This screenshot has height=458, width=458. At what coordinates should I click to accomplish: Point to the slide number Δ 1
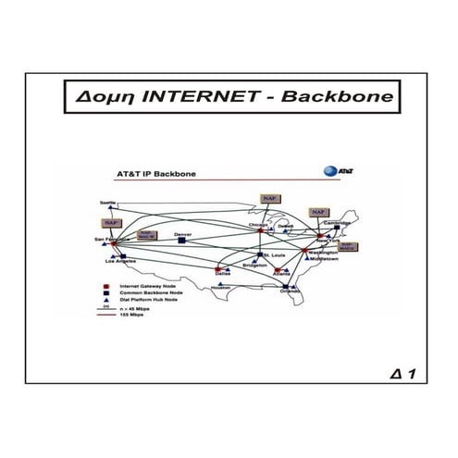click(402, 374)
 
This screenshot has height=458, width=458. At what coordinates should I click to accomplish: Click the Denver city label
click(182, 234)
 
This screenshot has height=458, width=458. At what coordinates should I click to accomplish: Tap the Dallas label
click(222, 275)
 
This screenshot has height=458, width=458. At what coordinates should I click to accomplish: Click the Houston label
click(220, 288)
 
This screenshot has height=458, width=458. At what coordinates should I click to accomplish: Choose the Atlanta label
click(280, 274)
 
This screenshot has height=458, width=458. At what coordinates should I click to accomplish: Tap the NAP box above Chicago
click(269, 198)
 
